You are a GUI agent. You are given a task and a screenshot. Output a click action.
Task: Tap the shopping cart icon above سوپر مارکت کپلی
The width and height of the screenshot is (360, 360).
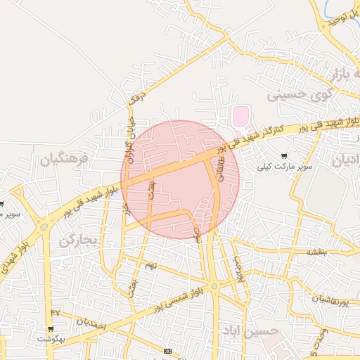(284, 156)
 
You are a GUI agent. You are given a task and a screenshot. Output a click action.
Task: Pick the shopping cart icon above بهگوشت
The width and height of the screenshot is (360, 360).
(50, 328)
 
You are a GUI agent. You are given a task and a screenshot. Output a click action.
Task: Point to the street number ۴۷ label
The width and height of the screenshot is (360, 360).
(56, 311)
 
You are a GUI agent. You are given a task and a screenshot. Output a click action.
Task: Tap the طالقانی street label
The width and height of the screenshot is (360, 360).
(222, 169)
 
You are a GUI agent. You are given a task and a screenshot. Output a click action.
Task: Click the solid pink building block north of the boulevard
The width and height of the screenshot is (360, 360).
(240, 114)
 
